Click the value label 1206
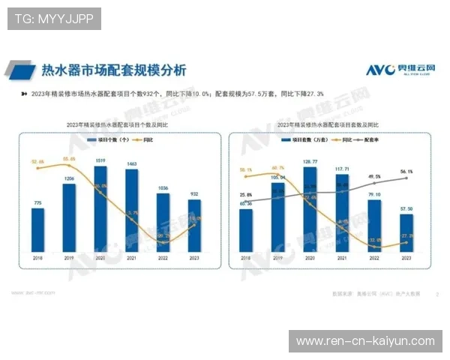pos(68,178)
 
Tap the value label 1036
pos(163,188)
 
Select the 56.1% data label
pos(406,171)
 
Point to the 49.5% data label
pos(374,177)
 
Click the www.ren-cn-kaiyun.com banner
pos(365,341)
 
